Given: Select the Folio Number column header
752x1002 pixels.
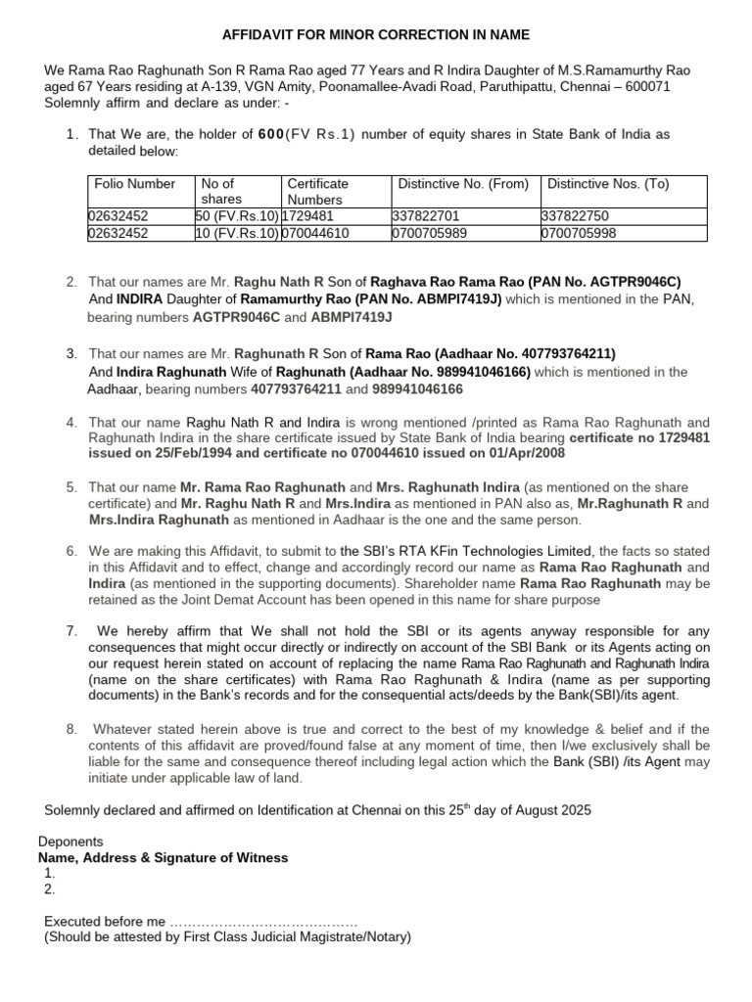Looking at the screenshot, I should click(x=134, y=183).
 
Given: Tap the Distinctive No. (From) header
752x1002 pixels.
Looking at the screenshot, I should click(x=463, y=183).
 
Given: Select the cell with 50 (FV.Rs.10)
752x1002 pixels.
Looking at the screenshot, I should click(x=238, y=215).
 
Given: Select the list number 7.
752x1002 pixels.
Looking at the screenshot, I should click(x=71, y=629).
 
